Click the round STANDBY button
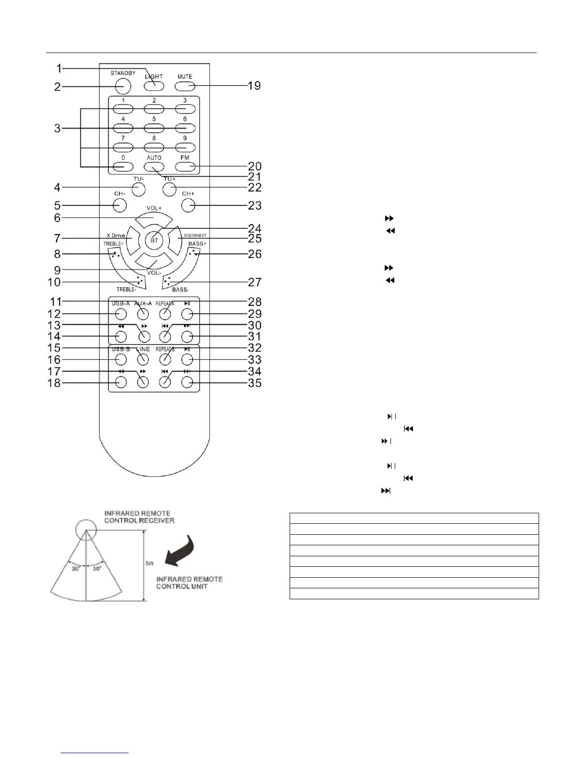(x=123, y=86)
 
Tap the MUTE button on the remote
(x=185, y=87)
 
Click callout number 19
(x=254, y=86)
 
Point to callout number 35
(x=255, y=383)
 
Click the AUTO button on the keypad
(x=154, y=167)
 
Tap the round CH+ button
(x=188, y=205)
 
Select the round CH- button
(x=119, y=205)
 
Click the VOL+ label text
(x=154, y=208)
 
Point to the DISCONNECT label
(x=195, y=236)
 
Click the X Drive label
(x=116, y=236)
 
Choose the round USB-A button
(x=120, y=314)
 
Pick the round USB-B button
(x=120, y=359)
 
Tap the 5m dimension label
(x=150, y=564)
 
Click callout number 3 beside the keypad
(x=57, y=128)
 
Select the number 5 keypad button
(x=154, y=129)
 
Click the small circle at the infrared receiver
(x=86, y=530)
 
